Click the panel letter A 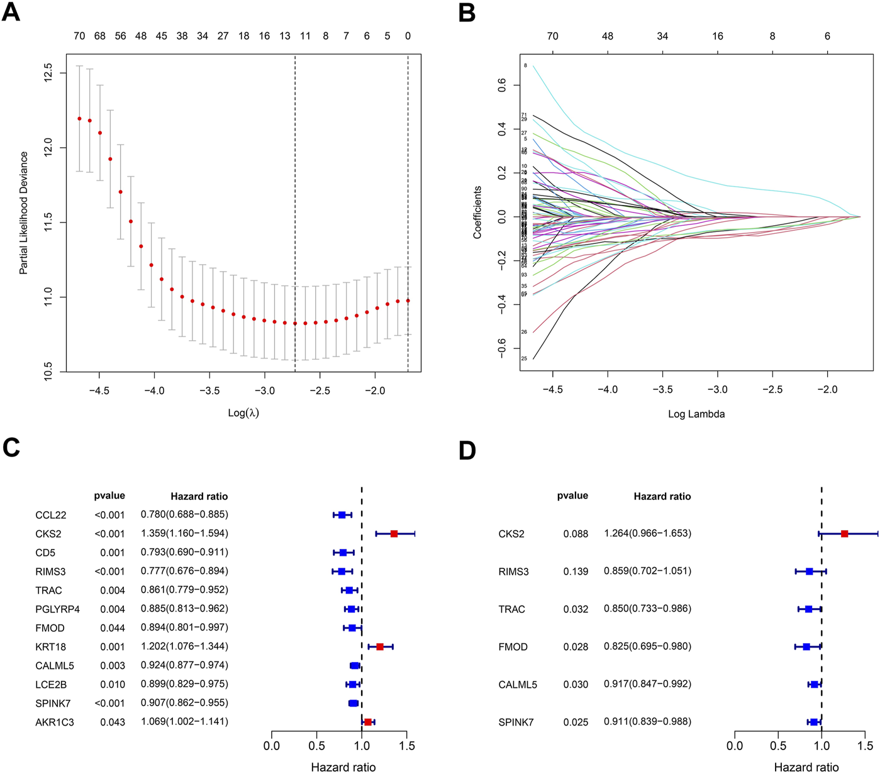point(11,13)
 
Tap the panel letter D point(467,450)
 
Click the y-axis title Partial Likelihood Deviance point(24,213)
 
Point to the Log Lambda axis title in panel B point(696,414)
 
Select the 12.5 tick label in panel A point(48,74)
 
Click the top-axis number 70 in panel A point(79,36)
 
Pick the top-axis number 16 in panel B point(718,36)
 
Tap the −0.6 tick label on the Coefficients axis point(502,347)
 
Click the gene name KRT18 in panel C point(51,646)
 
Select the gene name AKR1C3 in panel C point(55,722)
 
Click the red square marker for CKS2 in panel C point(394,534)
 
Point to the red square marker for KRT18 point(380,646)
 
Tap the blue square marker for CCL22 point(342,515)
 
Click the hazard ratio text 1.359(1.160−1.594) point(184,533)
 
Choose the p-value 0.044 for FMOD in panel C point(113,627)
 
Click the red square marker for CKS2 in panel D point(844,534)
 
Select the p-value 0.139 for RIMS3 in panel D point(576,572)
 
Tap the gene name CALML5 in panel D point(518,684)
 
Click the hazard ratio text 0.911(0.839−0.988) point(647,722)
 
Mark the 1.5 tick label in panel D point(865,746)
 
